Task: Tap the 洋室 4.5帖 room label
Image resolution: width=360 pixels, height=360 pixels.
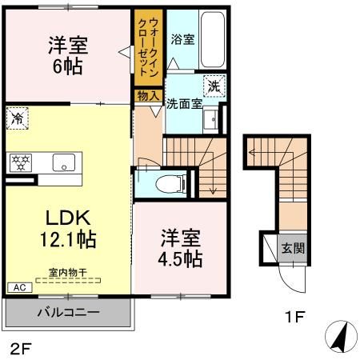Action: click(x=180, y=249)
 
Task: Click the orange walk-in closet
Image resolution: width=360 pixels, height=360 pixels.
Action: click(x=149, y=48)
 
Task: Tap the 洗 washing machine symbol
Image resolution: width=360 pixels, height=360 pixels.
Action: click(x=214, y=85)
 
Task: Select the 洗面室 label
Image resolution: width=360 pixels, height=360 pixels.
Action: click(x=184, y=103)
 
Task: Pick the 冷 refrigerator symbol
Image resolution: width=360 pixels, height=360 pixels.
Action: click(x=17, y=118)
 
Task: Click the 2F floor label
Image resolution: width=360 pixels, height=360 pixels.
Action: click(x=21, y=347)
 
